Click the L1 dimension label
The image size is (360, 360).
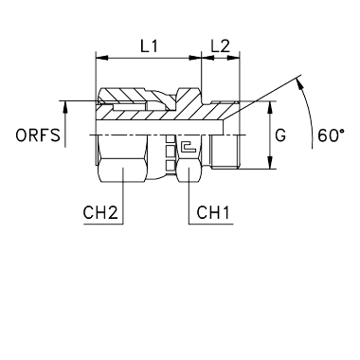(149, 46)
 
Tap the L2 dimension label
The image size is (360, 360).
(221, 46)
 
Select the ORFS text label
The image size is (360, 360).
(38, 135)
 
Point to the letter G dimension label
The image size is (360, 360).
(280, 135)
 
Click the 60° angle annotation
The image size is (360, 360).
(331, 135)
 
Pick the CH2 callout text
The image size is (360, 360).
(100, 212)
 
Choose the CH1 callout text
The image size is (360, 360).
(213, 212)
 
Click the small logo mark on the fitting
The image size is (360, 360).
(189, 146)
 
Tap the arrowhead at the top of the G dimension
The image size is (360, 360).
(270, 107)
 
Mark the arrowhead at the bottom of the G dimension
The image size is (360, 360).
(270, 163)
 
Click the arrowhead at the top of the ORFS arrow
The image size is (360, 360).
(65, 107)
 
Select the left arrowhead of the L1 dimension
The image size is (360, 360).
(101, 58)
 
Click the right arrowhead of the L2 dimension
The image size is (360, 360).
(233, 58)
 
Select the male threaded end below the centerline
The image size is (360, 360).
(225, 152)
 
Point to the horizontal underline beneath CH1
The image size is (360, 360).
(211, 225)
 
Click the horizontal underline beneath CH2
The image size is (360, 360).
(103, 225)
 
